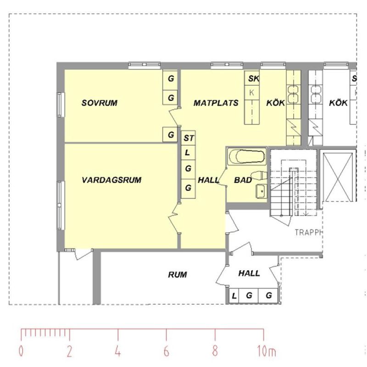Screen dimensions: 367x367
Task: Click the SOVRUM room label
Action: (99, 103)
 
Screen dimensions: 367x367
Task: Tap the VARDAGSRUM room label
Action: (111, 180)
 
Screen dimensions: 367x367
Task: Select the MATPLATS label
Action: (216, 103)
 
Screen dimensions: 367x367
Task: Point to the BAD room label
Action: (243, 180)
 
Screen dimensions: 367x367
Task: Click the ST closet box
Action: (188, 138)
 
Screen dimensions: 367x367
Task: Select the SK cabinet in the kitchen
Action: (253, 79)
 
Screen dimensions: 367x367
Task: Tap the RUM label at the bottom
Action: (177, 275)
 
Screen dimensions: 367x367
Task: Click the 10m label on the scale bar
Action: (266, 352)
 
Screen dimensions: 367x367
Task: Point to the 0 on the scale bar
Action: (21, 352)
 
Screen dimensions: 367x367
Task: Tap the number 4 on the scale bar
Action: (118, 352)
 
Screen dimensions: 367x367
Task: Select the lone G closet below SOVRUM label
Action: (171, 135)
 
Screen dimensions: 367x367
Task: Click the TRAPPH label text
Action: (309, 232)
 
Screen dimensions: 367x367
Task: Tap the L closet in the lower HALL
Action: (234, 295)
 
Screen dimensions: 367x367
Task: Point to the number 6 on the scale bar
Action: (166, 352)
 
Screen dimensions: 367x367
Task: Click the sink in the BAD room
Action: (261, 191)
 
